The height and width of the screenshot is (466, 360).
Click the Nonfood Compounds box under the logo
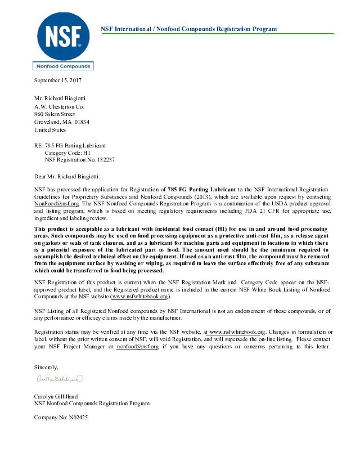click(63, 66)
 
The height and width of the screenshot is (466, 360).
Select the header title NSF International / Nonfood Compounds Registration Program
click(188, 29)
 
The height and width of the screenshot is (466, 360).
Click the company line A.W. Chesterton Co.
click(59, 106)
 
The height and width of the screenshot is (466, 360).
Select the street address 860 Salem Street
click(55, 114)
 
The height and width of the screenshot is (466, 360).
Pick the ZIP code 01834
click(81, 122)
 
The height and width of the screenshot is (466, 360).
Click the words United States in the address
click(50, 129)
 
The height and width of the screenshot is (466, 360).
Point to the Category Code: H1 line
click(67, 153)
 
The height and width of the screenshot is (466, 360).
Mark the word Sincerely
click(47, 367)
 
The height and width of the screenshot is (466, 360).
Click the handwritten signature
click(60, 378)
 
